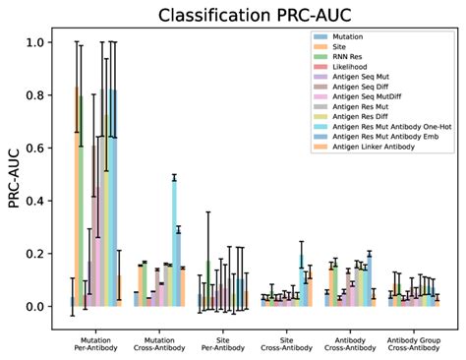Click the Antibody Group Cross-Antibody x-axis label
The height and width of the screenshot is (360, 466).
[410, 343]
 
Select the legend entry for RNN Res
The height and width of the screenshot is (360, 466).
[350, 57]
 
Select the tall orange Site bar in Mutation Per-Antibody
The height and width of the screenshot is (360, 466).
[77, 197]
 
